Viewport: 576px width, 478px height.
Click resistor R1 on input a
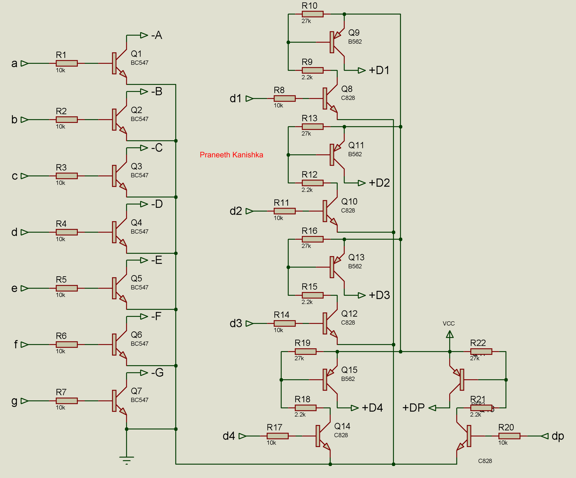point(67,63)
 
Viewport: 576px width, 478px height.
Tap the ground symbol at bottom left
point(126,460)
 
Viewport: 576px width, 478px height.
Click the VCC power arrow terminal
point(449,335)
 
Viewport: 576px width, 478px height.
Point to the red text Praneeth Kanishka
point(231,155)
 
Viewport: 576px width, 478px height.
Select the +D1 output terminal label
point(379,71)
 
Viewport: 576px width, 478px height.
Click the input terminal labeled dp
point(557,436)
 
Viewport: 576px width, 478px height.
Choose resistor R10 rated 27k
point(312,14)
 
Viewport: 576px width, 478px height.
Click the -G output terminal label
point(157,372)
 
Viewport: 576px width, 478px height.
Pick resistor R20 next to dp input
point(509,436)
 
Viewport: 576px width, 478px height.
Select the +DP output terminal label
point(413,408)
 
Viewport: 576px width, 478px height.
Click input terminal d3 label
point(236,323)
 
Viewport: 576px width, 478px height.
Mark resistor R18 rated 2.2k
point(305,408)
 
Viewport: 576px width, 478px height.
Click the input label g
point(14,401)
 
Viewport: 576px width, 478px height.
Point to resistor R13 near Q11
point(312,126)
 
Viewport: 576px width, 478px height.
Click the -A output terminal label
point(157,35)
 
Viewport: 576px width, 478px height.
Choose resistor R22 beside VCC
point(481,352)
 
